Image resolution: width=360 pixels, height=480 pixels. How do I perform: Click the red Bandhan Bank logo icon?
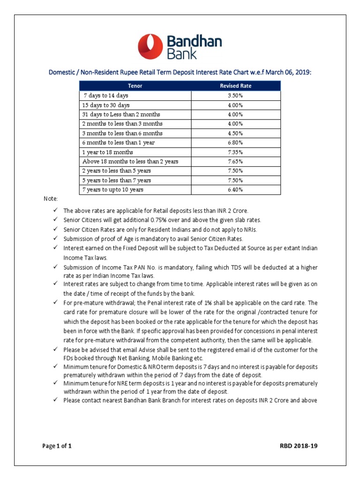[x=150, y=47]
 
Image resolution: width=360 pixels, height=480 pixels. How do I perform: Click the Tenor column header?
[x=135, y=86]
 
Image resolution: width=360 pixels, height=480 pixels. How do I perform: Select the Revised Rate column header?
[x=236, y=86]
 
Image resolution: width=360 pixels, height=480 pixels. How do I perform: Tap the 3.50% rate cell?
[x=236, y=96]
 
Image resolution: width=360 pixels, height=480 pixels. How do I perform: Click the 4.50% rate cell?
[x=236, y=133]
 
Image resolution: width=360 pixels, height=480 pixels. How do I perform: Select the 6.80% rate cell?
[x=236, y=142]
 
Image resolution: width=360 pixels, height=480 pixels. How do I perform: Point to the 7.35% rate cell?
[x=236, y=152]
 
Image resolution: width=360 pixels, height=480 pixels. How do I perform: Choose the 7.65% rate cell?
[x=236, y=162]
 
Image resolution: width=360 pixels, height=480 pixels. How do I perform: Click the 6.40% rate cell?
[x=236, y=190]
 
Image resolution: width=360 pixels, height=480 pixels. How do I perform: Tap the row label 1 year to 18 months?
[x=107, y=152]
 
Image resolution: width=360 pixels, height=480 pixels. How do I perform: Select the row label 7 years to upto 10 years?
[x=112, y=190]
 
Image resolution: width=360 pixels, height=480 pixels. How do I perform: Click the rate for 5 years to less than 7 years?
[x=236, y=180]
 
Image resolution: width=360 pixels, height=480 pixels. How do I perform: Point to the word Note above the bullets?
[x=51, y=199]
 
